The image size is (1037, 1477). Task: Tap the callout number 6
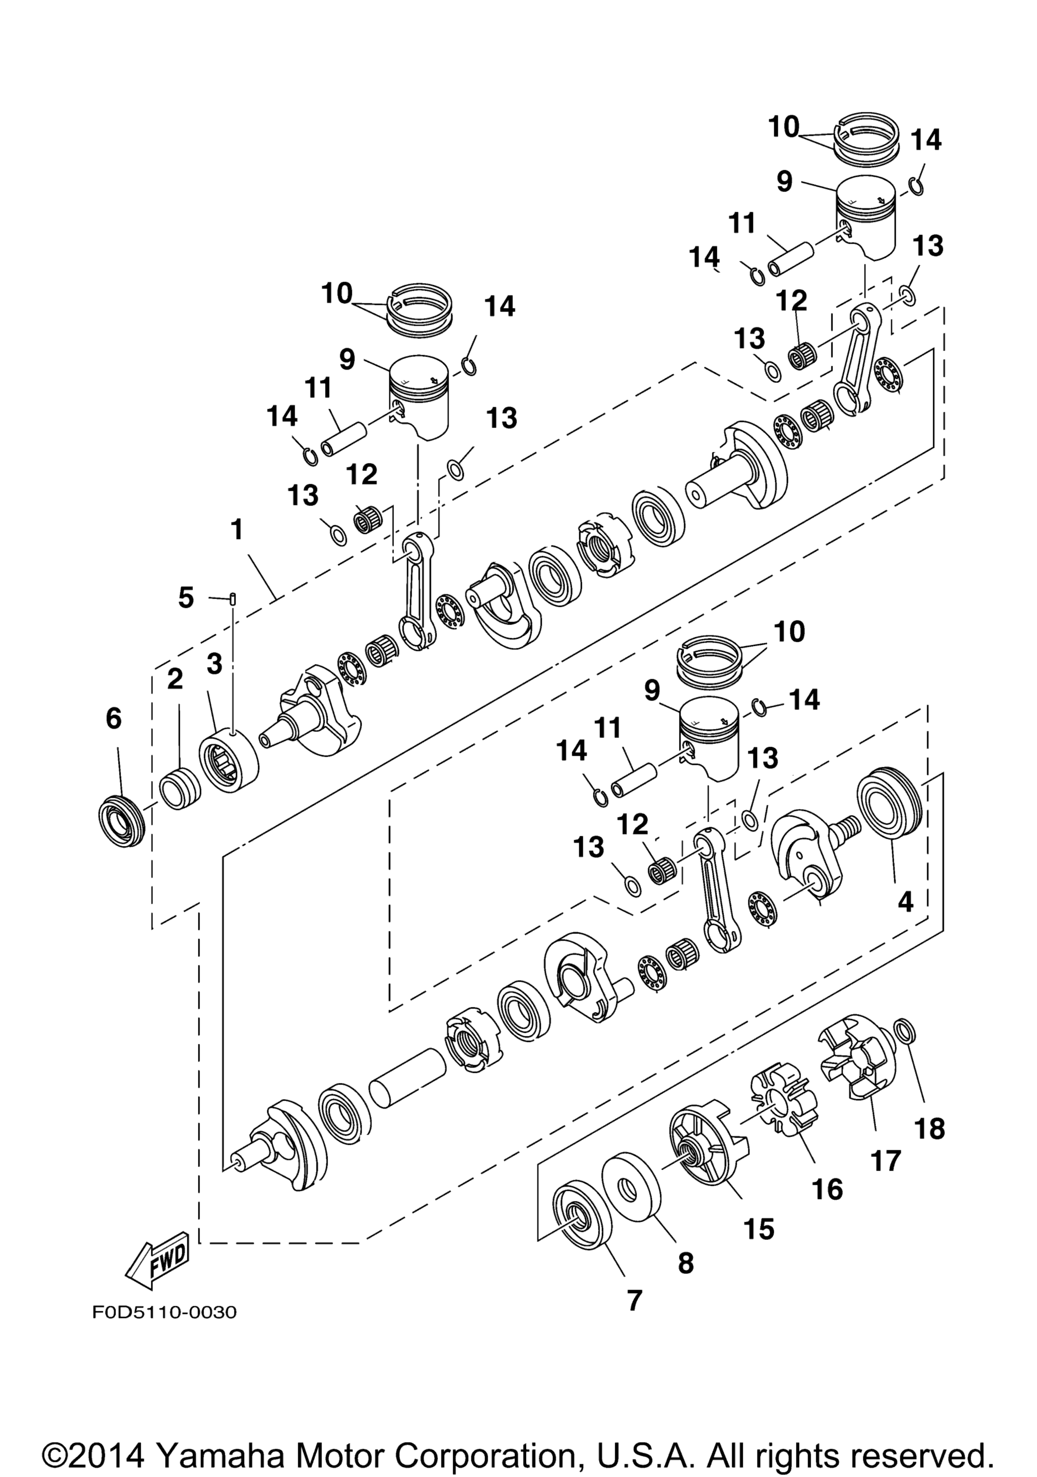click(x=113, y=719)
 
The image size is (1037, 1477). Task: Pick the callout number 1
click(x=237, y=530)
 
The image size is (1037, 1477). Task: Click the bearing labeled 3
click(x=228, y=760)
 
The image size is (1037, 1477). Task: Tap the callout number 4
click(x=905, y=902)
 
